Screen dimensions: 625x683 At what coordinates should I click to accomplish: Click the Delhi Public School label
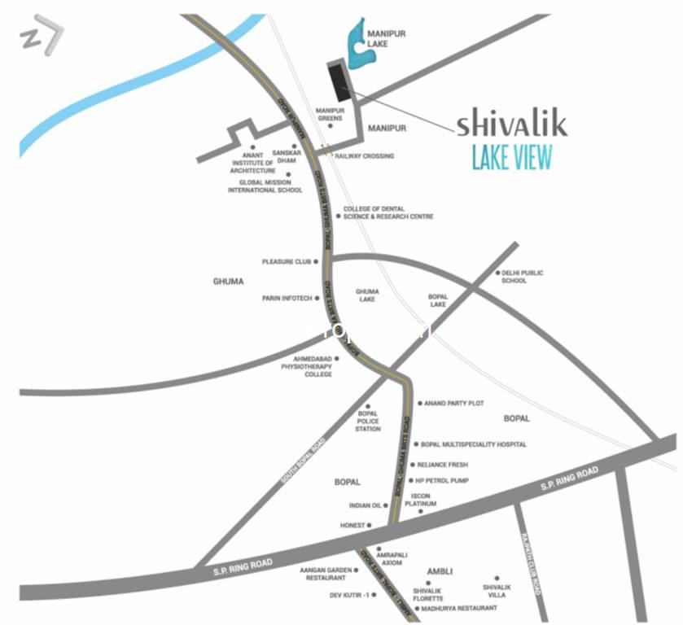[522, 277]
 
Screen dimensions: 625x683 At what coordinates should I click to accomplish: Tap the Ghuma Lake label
[366, 295]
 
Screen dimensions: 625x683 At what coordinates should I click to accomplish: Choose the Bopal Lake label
[437, 301]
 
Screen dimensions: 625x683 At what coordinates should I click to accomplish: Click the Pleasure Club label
[287, 262]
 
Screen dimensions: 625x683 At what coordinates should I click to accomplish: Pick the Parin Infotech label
[287, 299]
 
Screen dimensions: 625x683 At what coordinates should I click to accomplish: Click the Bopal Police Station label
[368, 421]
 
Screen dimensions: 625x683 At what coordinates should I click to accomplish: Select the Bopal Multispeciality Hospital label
[474, 444]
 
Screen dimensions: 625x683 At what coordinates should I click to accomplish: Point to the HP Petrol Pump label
[442, 480]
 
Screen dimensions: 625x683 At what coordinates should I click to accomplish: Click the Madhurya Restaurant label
[459, 608]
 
